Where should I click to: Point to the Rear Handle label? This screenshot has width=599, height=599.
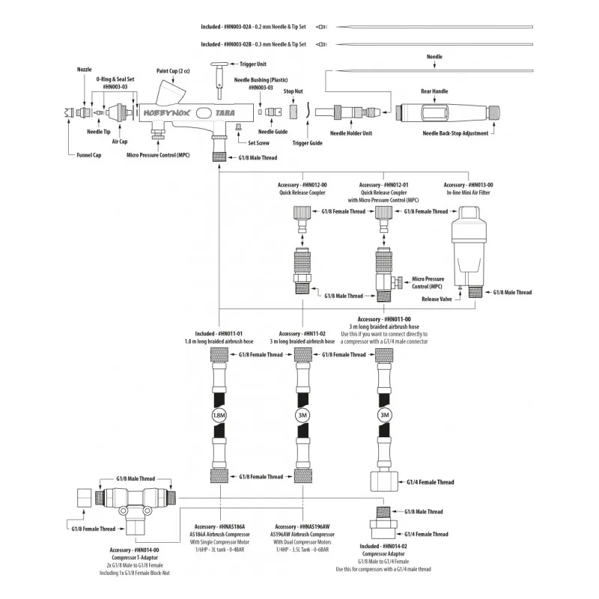coord(434,91)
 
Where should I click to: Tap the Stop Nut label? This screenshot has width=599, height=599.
coord(293,91)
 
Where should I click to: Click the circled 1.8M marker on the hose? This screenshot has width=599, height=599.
coord(218,414)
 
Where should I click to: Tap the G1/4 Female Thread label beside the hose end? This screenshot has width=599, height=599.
coord(430,483)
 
